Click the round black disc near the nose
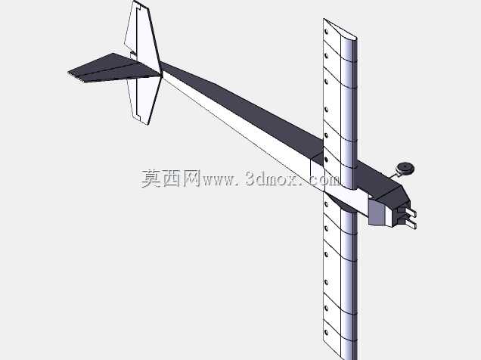(405, 169)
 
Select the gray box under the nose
(377, 213)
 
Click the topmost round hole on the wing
(326, 31)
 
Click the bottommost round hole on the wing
(326, 333)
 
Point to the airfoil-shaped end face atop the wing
(340, 29)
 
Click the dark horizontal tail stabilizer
(113, 69)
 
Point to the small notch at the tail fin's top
(137, 5)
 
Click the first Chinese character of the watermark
(151, 178)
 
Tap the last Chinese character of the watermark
(191, 178)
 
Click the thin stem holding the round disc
(395, 175)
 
